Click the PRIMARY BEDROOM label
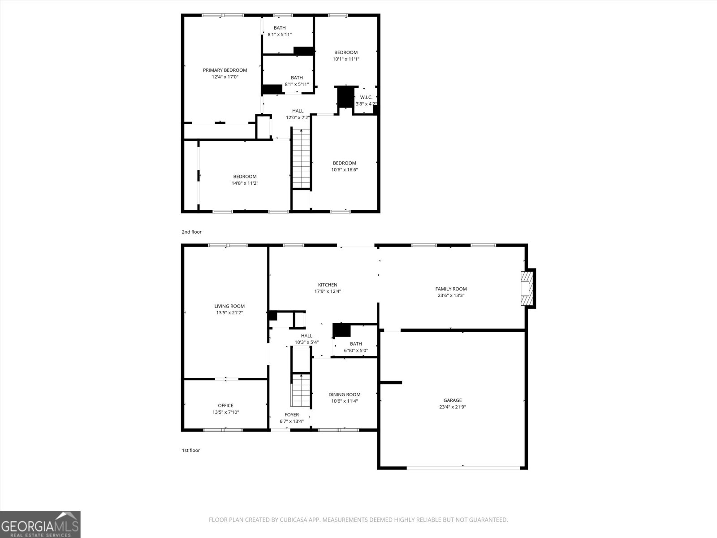click(x=225, y=70)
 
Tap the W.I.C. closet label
click(x=366, y=97)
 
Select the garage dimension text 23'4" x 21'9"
click(x=453, y=407)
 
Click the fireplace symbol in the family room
click(x=527, y=289)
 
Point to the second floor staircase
click(x=301, y=159)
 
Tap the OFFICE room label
click(x=225, y=405)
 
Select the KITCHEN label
click(x=328, y=285)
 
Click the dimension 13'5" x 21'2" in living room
click(x=229, y=313)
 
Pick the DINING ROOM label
click(x=344, y=395)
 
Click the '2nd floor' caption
click(x=191, y=232)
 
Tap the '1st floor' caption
click(x=190, y=450)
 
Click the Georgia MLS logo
click(x=40, y=524)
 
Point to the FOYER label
click(x=292, y=415)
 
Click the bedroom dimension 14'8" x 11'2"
click(x=245, y=183)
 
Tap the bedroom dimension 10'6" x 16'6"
click(x=344, y=169)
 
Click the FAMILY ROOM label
click(x=451, y=289)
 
